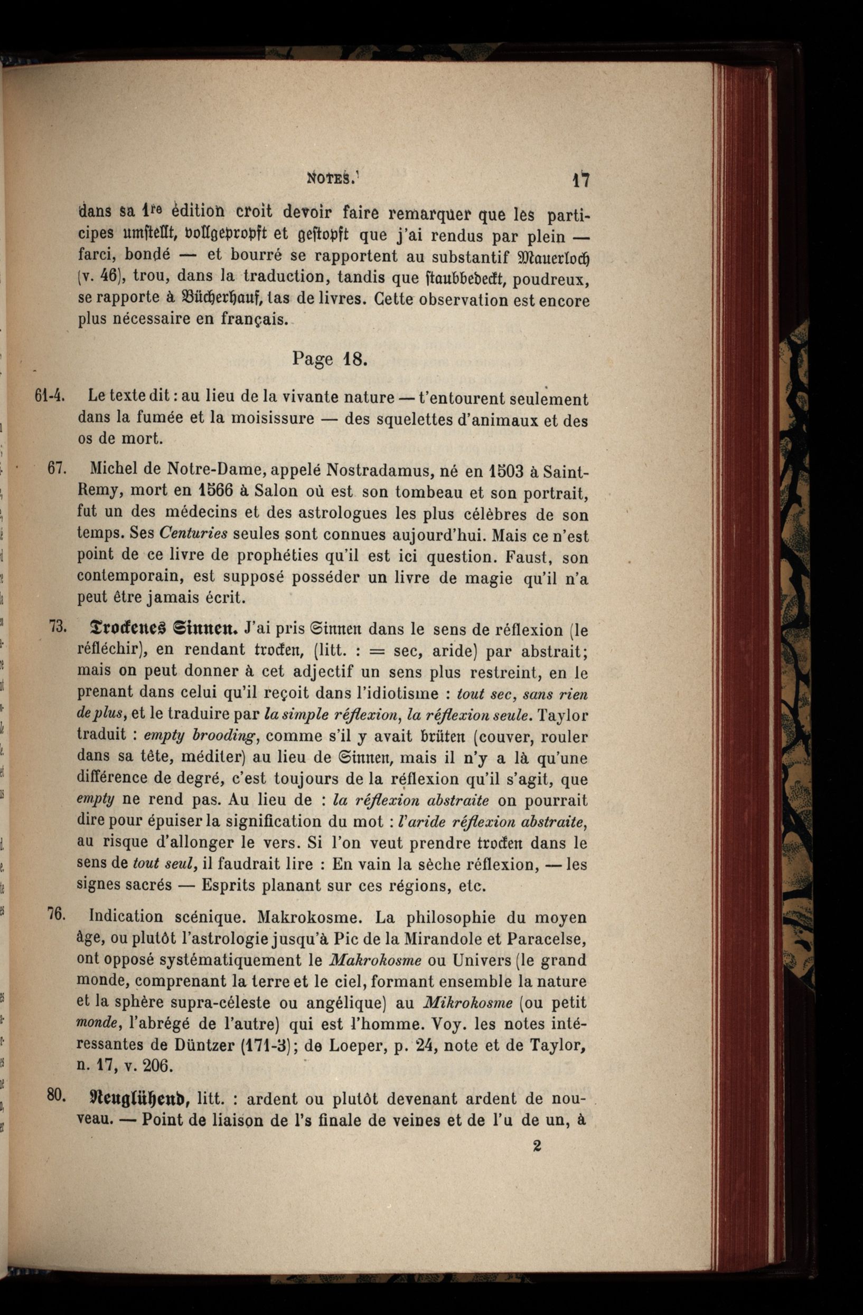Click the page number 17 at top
tap(580, 180)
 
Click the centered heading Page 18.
tap(329, 360)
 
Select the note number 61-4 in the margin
tap(51, 396)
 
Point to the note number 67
tap(57, 469)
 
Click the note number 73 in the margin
tap(58, 626)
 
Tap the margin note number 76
tap(57, 914)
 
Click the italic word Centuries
tap(193, 533)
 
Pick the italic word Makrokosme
tap(374, 960)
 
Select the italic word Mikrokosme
tap(468, 1003)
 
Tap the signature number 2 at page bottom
tap(536, 1146)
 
